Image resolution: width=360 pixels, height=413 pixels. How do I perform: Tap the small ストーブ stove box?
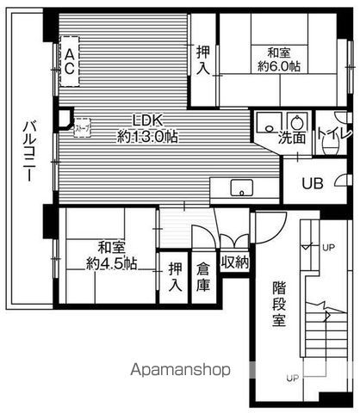pos(82,129)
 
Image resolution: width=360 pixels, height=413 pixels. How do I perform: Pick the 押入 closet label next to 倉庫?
pos(176,275)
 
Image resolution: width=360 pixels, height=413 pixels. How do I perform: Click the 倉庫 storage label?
pos(203,275)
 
